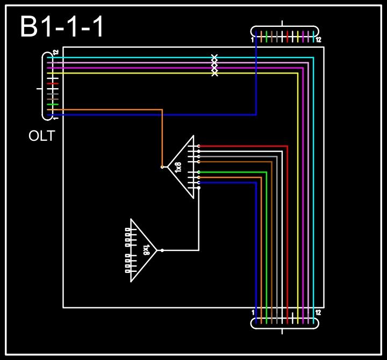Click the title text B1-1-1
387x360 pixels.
[62, 27]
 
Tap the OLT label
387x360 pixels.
[41, 136]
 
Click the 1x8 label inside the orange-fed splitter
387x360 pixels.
[179, 167]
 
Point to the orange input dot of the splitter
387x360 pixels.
[162, 167]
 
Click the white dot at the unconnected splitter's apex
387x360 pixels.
[162, 250]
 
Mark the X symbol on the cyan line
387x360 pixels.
[214, 57]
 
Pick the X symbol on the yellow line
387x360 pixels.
[214, 73]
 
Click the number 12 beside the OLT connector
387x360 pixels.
[55, 53]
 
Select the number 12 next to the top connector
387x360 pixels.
[318, 40]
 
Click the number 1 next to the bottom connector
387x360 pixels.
[253, 312]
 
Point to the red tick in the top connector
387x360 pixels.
[288, 37]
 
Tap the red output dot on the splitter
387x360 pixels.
[199, 146]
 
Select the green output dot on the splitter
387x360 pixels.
[199, 172]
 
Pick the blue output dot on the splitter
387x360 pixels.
[199, 183]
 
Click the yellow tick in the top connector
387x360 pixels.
[298, 37]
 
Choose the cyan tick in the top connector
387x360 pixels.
[313, 37]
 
